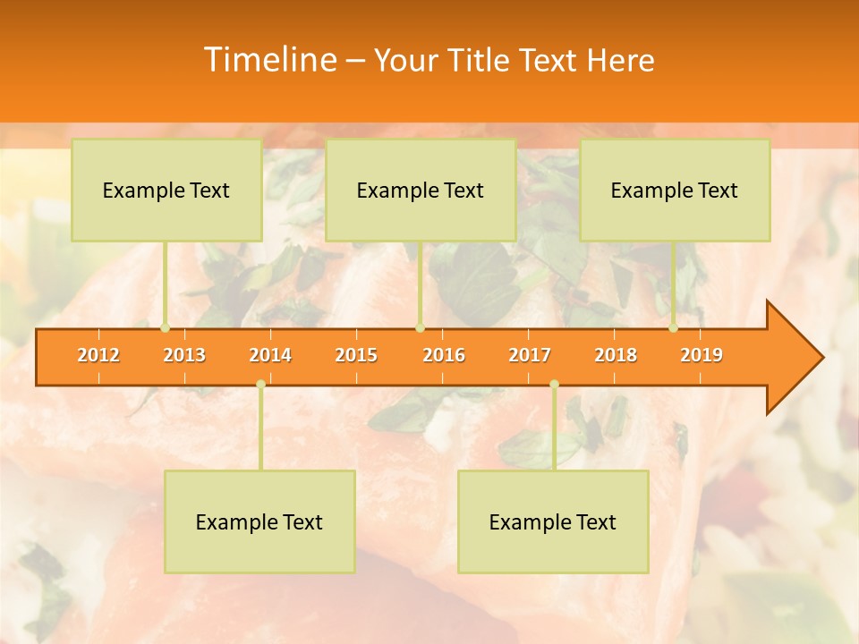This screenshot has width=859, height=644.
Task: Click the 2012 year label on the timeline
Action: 98,355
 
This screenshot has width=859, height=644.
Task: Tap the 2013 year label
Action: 184,355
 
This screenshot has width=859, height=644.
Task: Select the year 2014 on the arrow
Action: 270,355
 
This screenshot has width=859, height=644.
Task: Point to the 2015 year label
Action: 356,355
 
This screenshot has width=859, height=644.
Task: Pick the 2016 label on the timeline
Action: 444,355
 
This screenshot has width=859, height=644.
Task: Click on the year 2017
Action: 530,355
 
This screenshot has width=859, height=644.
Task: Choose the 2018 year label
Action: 616,355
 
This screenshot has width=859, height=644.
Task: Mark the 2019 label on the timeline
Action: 702,355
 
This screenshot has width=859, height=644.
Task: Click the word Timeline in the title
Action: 268,60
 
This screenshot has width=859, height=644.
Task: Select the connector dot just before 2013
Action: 166,328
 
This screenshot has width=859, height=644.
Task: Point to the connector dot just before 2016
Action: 420,328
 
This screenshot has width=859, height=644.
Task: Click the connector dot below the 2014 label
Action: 260,385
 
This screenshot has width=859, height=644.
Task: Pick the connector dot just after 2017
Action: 554,385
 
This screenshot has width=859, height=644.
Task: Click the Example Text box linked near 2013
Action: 166,191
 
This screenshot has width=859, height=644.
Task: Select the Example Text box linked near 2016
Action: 421,191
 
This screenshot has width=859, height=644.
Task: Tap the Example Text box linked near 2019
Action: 675,191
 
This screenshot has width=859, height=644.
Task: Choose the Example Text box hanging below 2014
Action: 259,521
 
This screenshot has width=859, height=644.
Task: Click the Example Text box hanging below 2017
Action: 553,521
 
